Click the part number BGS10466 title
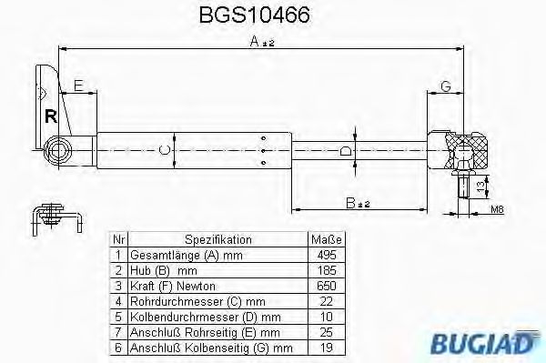(254, 15)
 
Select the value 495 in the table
(327, 255)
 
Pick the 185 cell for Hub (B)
(327, 270)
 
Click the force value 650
(327, 286)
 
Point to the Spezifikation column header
(218, 239)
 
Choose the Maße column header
(327, 239)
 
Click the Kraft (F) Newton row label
(173, 286)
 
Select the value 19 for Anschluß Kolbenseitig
(327, 348)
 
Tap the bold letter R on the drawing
(51, 116)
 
